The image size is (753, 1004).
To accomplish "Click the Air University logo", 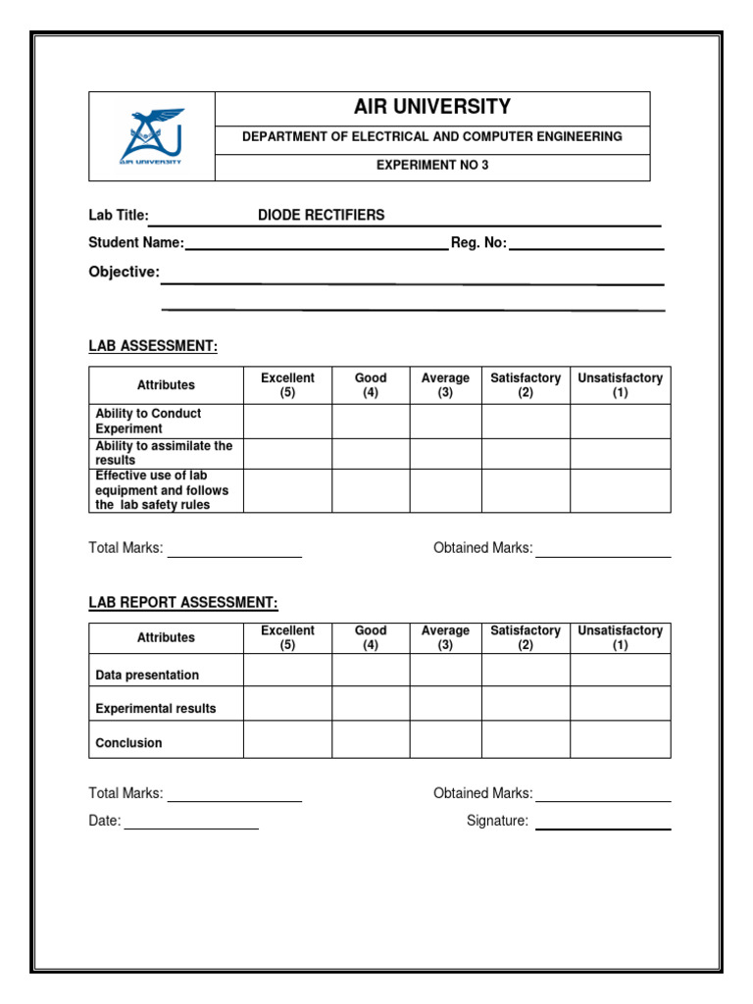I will (x=151, y=136).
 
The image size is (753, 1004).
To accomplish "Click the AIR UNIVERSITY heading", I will (x=431, y=107).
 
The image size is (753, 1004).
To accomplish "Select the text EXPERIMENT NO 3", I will (x=431, y=166).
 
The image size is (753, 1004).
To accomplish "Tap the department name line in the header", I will (x=431, y=136).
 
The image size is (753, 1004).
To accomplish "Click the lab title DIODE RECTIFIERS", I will (x=321, y=215).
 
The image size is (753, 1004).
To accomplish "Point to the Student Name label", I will (x=136, y=242).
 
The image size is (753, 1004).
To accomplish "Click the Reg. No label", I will (x=478, y=243).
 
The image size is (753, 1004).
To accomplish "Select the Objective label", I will (x=124, y=272).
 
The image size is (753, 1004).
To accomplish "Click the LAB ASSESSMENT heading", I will (x=153, y=345).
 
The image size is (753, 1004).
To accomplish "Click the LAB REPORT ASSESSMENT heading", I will (x=183, y=603).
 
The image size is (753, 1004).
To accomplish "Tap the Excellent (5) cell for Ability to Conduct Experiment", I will (x=287, y=422).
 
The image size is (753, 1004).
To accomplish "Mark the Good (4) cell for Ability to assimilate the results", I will (x=371, y=453).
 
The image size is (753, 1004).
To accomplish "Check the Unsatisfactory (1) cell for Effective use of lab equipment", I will (x=620, y=490).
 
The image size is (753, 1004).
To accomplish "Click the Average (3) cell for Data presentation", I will (x=445, y=671).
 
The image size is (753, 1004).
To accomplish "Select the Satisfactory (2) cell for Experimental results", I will (x=525, y=704).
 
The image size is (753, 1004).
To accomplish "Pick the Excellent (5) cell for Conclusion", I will (x=287, y=739).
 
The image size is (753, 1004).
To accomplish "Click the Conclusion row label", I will (x=128, y=743).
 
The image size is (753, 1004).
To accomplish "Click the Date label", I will (x=105, y=822).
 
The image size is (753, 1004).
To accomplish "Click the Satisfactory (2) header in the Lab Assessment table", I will (x=525, y=385).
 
